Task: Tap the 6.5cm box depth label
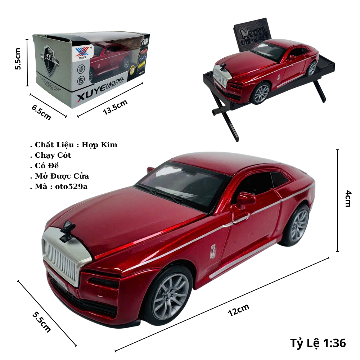[x=41, y=112]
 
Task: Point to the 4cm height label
[x=347, y=199]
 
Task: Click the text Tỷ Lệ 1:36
[x=318, y=343]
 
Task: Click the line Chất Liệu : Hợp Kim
[x=76, y=145]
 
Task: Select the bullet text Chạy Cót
[x=53, y=155]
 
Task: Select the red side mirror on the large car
[x=246, y=199]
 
